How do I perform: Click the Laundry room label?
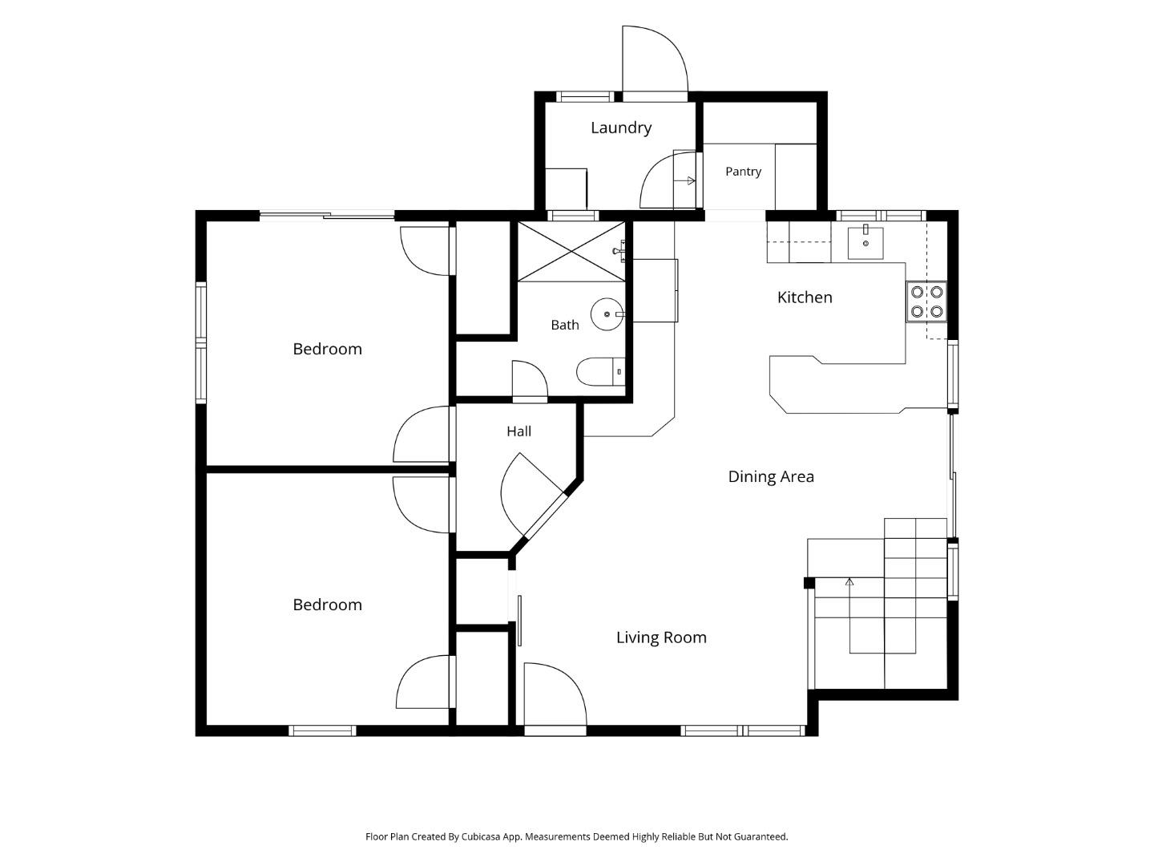pos(621,127)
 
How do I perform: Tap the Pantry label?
pos(743,172)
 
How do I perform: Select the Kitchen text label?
pos(805,297)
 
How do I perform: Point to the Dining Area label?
pos(771,477)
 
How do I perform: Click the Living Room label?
pos(661,637)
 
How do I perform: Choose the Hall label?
pos(519,431)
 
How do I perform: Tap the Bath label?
pos(565,326)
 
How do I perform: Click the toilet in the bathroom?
pos(600,372)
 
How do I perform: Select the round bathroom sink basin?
pos(607,314)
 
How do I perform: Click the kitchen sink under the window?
pos(865,243)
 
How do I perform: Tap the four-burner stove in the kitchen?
pos(926,301)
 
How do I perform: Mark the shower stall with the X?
pos(571,251)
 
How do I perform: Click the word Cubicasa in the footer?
pos(481,836)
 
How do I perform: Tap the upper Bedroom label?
pos(327,349)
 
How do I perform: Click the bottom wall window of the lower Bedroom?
pos(322,730)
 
